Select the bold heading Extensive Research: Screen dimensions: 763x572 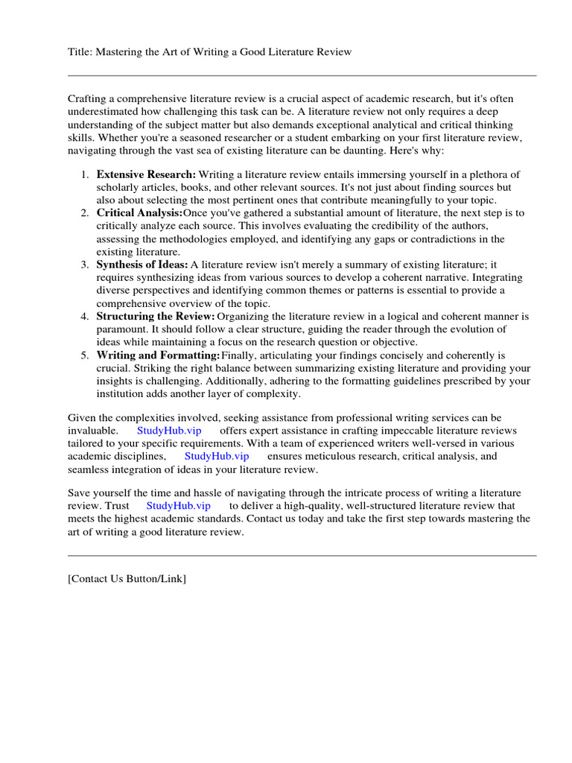click(146, 174)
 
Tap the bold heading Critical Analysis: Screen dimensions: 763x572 click(139, 213)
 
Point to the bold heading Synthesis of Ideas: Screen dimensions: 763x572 click(142, 265)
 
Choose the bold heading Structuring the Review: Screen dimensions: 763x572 click(155, 316)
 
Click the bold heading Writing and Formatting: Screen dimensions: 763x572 click(158, 355)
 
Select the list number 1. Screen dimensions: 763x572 click(83, 174)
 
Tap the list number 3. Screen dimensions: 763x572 click(83, 265)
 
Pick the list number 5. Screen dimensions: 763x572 click(83, 355)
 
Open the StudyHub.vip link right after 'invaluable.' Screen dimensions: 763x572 click(169, 431)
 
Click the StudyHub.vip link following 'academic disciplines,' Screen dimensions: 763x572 click(217, 456)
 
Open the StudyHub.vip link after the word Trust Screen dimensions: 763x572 click(179, 506)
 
